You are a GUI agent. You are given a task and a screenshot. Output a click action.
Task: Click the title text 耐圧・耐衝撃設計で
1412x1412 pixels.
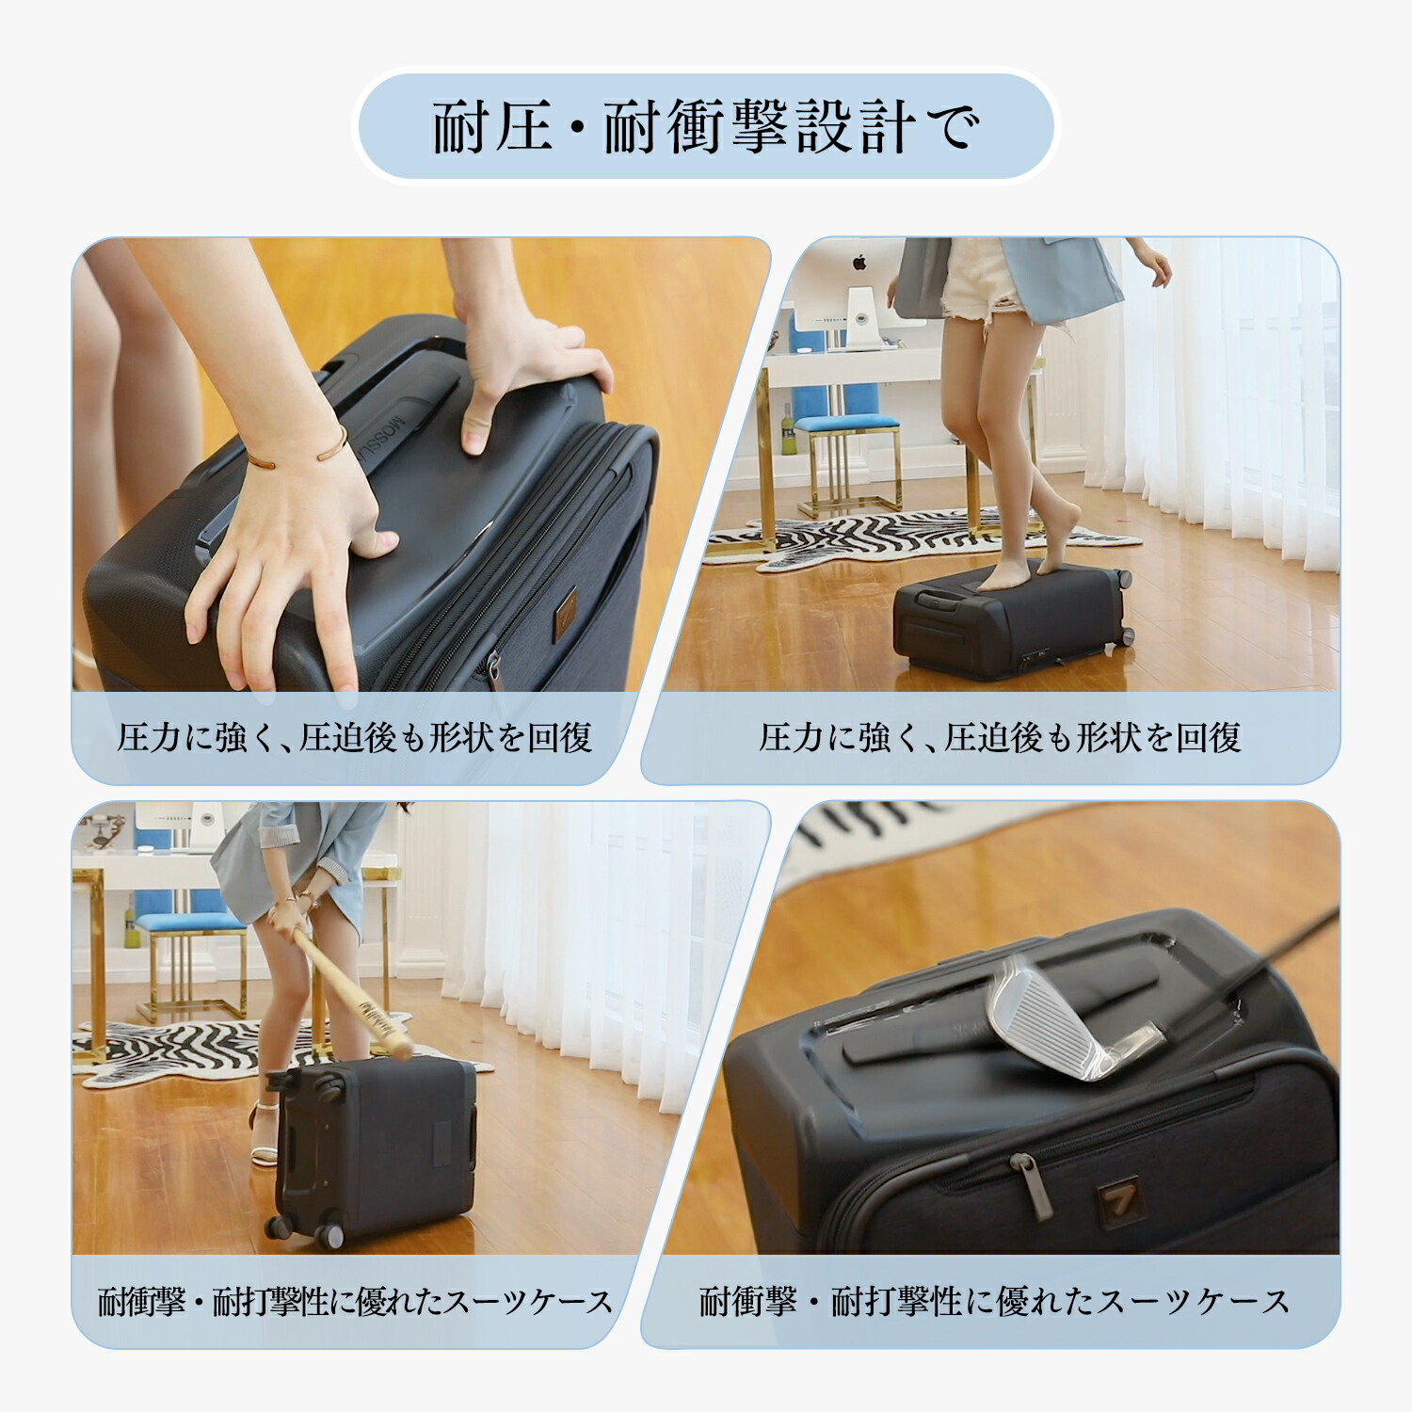coord(706,127)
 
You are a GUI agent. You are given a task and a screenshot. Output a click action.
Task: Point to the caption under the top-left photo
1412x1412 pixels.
coord(354,738)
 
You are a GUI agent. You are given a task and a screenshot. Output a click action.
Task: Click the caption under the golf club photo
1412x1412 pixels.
coord(994,1302)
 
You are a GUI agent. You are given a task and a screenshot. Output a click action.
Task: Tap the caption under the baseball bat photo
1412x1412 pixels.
coord(354,1302)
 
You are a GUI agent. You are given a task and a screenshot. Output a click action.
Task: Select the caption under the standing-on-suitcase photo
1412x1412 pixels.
coord(1000,738)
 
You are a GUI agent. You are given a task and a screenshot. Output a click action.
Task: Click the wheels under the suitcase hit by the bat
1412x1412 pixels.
coord(306,1228)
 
